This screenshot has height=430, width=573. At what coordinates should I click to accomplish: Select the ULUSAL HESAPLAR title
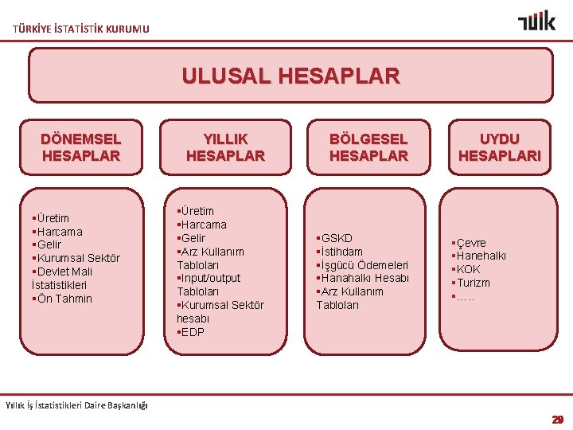click(290, 76)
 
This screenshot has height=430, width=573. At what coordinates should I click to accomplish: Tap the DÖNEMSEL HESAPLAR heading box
click(80, 147)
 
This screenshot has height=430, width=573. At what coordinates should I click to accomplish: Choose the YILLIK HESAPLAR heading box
click(225, 147)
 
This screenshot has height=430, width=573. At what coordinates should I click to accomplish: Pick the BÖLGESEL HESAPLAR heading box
click(368, 147)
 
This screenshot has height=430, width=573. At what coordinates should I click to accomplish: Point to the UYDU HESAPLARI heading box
click(499, 147)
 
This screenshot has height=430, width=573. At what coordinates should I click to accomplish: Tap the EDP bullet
click(191, 332)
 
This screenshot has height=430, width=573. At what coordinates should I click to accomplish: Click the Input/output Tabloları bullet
click(209, 284)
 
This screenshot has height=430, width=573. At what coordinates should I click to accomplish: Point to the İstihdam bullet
click(340, 252)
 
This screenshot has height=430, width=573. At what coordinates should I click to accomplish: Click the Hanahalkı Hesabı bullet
click(363, 278)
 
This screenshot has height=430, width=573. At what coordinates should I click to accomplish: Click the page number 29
click(557, 419)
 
